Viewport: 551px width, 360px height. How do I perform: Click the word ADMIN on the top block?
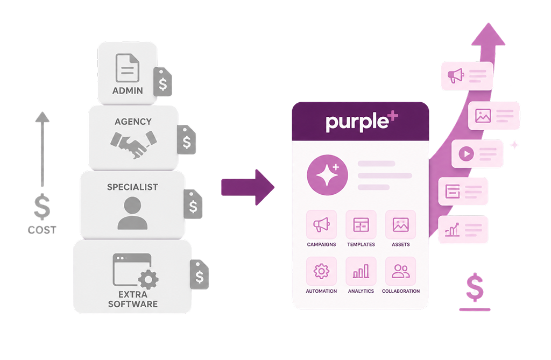[128, 91]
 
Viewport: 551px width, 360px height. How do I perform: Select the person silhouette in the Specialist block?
[132, 213]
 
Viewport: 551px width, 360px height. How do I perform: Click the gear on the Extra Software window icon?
[149, 279]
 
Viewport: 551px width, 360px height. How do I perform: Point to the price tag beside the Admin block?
[163, 82]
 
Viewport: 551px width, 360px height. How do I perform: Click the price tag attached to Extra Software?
[199, 274]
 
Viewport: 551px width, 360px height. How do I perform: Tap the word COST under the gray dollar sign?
[42, 230]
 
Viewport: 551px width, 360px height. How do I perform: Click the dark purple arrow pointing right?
[248, 187]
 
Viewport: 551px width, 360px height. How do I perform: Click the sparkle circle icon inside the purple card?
[327, 175]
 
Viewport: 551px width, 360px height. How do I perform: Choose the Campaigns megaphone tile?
[322, 224]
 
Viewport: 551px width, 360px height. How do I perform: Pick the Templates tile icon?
[361, 224]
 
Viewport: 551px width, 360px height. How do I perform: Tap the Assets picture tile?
[400, 224]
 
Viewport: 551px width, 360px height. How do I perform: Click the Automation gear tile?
[322, 271]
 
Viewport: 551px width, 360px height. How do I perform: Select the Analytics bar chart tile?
[361, 271]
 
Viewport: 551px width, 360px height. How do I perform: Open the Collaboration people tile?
[400, 271]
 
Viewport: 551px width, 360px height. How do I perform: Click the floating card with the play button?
[477, 154]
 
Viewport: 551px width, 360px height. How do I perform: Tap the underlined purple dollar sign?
[475, 292]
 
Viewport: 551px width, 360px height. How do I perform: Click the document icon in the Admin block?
[127, 68]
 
